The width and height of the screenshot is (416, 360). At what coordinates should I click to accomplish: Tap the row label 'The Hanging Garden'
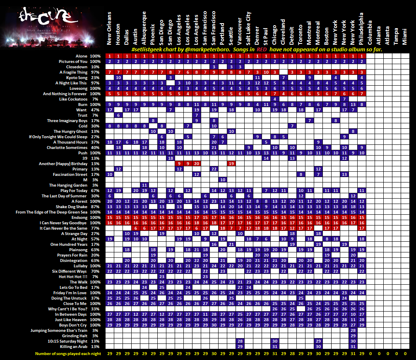tap(69, 185)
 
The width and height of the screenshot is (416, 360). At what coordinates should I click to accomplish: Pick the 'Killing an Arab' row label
tap(73, 346)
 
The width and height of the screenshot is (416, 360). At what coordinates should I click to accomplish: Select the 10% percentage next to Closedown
tap(95, 67)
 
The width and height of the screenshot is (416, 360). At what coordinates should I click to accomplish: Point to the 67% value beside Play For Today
tap(95, 190)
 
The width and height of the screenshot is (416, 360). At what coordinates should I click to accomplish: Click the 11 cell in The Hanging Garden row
tap(144, 185)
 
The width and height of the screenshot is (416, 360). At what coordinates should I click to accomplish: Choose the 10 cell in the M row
tap(223, 180)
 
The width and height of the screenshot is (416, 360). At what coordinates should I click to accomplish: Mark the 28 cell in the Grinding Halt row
tap(353, 336)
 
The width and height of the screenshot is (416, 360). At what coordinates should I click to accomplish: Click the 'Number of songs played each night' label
tap(67, 354)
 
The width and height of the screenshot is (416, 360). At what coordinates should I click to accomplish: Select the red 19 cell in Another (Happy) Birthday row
tap(231, 163)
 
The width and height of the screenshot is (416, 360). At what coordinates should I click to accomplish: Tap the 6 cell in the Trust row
tap(118, 115)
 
